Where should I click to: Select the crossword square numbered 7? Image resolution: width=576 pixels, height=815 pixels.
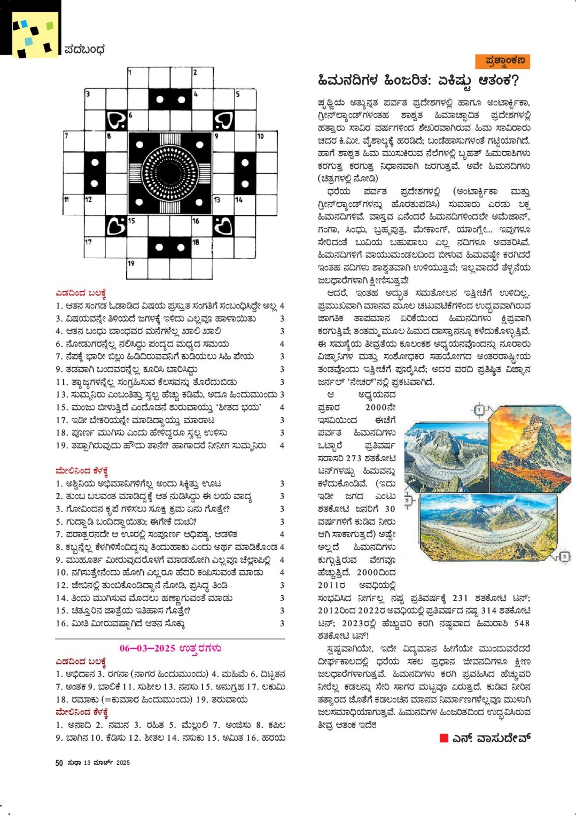point(74,142)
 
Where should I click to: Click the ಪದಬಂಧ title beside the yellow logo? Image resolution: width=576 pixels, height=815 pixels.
point(84,50)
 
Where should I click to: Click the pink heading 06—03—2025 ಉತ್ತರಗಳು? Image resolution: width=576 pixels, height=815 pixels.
point(170,648)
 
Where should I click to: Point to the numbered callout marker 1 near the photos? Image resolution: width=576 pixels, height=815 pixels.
point(479,410)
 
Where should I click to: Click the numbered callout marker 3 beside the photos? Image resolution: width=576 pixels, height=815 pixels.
point(564,557)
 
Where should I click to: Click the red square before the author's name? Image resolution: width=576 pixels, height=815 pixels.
point(443,738)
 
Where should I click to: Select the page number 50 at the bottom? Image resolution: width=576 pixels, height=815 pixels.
point(59,763)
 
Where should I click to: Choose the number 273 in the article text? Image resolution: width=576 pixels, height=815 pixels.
point(354,458)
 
